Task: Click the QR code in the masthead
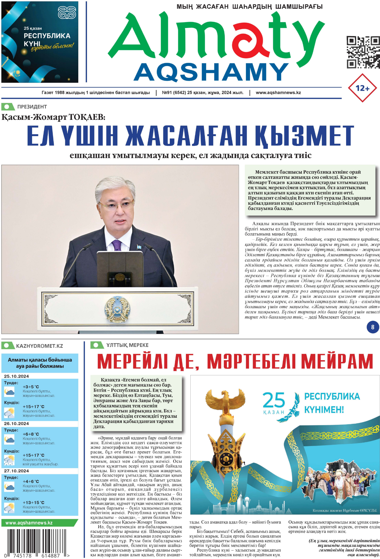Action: [363, 52]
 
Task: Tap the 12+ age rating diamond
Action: [362, 88]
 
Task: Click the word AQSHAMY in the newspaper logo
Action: [211, 72]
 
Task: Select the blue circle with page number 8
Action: [373, 327]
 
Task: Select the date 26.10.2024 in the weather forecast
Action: [16, 424]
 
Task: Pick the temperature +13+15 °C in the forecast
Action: [33, 502]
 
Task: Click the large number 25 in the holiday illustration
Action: [274, 400]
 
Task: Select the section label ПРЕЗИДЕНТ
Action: [32, 107]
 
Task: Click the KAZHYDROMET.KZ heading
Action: [39, 346]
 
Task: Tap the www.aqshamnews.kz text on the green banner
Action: [29, 523]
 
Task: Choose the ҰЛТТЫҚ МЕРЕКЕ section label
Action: [127, 345]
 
